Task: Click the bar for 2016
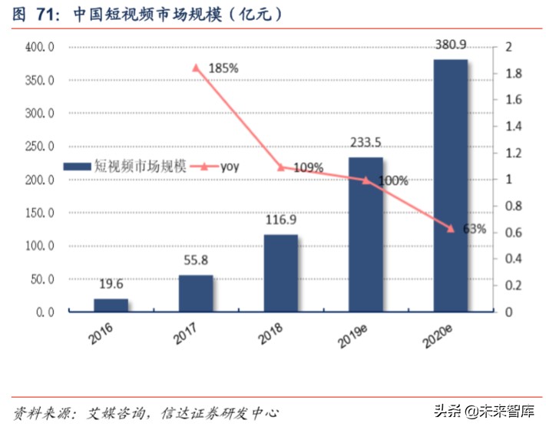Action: pos(111,305)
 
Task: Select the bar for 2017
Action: pos(196,293)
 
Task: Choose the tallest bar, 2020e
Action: pos(450,185)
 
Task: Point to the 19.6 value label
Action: pos(111,285)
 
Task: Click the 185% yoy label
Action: pos(223,68)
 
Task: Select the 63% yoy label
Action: pos(475,229)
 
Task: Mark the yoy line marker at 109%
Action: pos(281,167)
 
